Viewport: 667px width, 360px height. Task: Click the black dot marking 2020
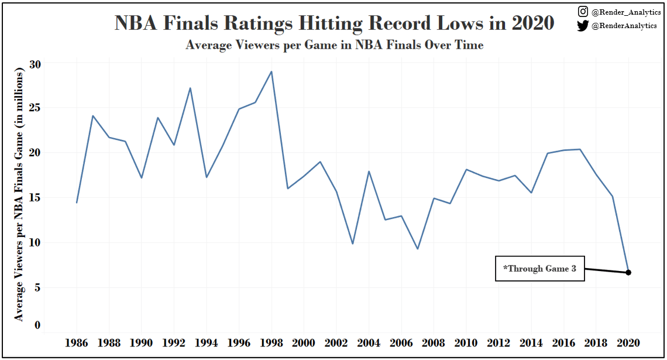click(x=628, y=272)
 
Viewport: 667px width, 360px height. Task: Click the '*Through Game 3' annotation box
click(x=539, y=269)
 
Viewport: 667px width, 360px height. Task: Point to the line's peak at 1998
click(x=271, y=71)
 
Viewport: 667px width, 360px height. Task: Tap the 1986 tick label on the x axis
click(x=77, y=342)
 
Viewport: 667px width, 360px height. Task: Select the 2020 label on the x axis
click(x=628, y=342)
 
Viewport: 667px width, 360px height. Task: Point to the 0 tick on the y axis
click(x=37, y=325)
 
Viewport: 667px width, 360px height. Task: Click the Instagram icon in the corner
click(x=583, y=11)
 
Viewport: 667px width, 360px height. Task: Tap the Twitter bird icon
click(x=583, y=25)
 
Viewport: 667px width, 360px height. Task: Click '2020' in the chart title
click(x=532, y=23)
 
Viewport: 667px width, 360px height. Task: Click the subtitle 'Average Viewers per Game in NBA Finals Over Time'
click(x=334, y=45)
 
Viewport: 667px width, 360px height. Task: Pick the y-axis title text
click(x=19, y=194)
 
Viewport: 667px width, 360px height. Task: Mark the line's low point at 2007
click(x=417, y=249)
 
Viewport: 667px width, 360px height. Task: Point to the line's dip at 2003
click(x=352, y=244)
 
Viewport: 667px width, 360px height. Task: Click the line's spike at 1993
click(x=190, y=88)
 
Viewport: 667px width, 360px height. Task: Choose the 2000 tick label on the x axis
click(x=304, y=342)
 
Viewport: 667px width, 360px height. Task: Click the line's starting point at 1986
click(x=77, y=203)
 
